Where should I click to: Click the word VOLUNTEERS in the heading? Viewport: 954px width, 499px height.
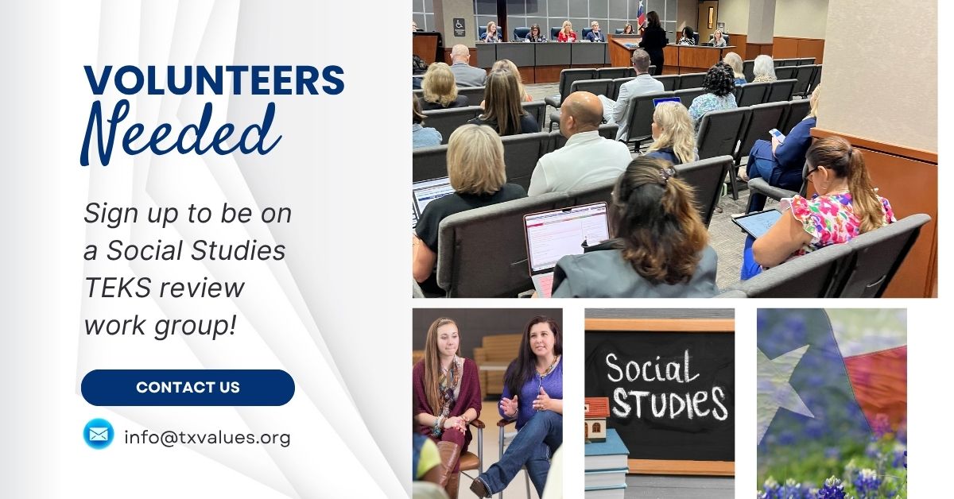pos(214,80)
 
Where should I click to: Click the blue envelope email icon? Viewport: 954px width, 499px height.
pos(99,434)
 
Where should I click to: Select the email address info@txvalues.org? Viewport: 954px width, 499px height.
pos(207,437)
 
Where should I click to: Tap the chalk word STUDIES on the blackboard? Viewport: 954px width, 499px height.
pos(669,403)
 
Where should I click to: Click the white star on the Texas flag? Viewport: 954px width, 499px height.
pos(788,379)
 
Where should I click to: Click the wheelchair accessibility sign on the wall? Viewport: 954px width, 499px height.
pos(458,25)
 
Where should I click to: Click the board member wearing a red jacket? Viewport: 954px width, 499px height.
pos(567,33)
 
